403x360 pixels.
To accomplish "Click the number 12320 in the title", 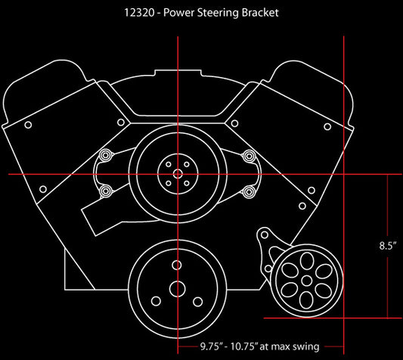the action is click(139, 13).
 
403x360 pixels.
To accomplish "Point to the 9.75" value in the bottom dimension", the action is click(211, 346).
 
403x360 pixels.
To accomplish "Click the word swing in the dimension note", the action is click(307, 347).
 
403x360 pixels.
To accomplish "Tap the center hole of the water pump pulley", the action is click(178, 174).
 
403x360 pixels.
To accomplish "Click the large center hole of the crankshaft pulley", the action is click(178, 288).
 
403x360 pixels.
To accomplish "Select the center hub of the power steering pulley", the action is click(306, 281).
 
